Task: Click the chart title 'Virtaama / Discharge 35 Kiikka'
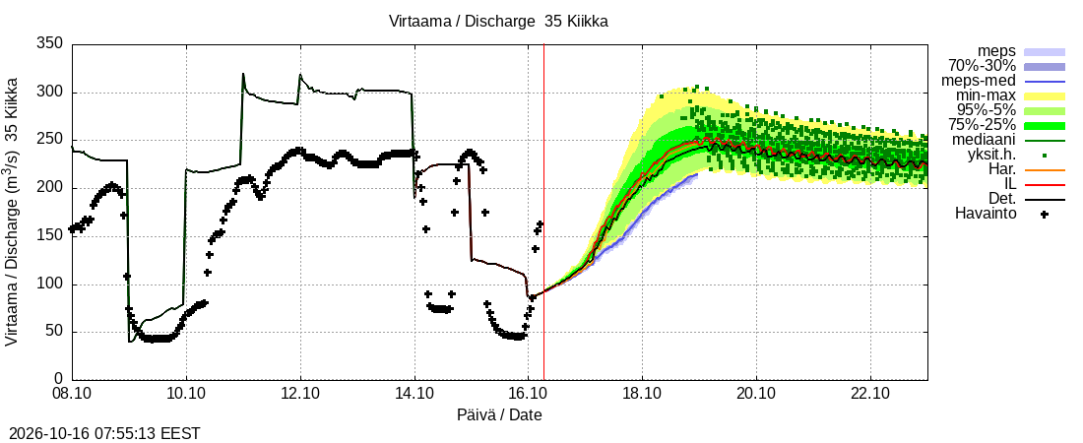click(x=499, y=22)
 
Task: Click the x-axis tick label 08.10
click(x=73, y=395)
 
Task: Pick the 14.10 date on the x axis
click(x=414, y=395)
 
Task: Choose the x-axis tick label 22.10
click(x=870, y=395)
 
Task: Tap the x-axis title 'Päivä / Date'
click(x=499, y=415)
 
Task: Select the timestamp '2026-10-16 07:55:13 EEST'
click(x=100, y=434)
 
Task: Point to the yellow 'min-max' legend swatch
click(x=1045, y=96)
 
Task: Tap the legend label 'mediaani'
click(x=987, y=141)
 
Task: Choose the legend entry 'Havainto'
click(x=986, y=214)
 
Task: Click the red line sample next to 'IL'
click(x=1045, y=184)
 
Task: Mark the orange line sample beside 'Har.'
click(x=1045, y=170)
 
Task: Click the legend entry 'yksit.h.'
click(x=991, y=155)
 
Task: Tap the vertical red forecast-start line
click(x=544, y=212)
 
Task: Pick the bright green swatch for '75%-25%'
click(x=1045, y=126)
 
